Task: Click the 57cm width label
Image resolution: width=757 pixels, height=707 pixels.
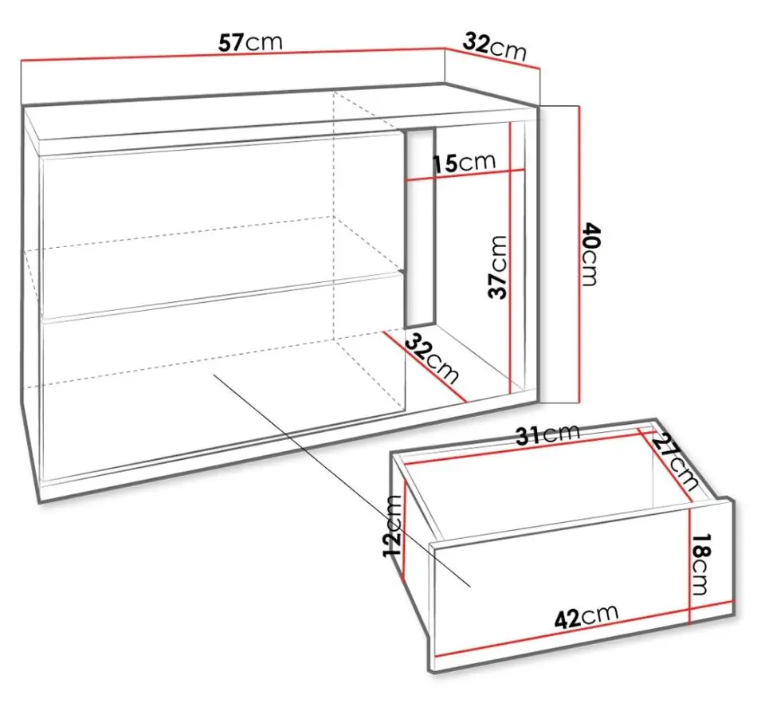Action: click(x=250, y=42)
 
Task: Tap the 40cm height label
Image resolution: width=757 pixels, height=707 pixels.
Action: click(x=590, y=254)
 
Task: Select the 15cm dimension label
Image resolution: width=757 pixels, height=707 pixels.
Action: click(x=464, y=163)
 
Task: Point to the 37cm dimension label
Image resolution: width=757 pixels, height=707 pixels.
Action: click(x=498, y=267)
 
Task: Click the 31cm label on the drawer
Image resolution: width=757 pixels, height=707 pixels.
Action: click(x=547, y=434)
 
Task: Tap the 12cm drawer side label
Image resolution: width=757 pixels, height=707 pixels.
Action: click(x=391, y=525)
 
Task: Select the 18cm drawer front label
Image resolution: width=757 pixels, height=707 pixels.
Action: click(x=701, y=564)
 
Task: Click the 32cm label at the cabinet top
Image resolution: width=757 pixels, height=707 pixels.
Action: click(x=494, y=47)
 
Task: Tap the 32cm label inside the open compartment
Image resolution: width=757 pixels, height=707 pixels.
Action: click(x=432, y=358)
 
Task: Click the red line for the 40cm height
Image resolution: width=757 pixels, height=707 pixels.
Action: click(x=579, y=254)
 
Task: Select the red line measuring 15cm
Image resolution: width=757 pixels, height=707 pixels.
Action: click(x=465, y=175)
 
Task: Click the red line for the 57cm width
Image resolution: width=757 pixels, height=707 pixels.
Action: click(x=232, y=54)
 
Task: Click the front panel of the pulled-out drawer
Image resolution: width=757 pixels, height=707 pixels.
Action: click(x=582, y=585)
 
